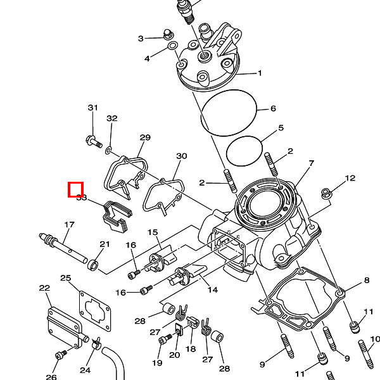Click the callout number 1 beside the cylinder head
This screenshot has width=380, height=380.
click(260, 73)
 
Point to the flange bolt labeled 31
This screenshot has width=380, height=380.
click(92, 141)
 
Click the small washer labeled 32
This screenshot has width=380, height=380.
click(108, 149)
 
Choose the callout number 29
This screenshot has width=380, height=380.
click(145, 137)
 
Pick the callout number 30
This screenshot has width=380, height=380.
click(182, 156)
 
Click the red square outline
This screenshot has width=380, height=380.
click(76, 189)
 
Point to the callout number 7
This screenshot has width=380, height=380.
click(311, 163)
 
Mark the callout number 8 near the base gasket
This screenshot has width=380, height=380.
click(366, 281)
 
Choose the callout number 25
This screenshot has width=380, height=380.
click(66, 278)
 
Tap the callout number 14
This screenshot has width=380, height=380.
click(212, 290)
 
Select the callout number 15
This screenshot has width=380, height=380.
click(153, 232)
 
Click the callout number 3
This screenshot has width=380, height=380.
click(141, 39)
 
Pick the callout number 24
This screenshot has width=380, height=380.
click(85, 370)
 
